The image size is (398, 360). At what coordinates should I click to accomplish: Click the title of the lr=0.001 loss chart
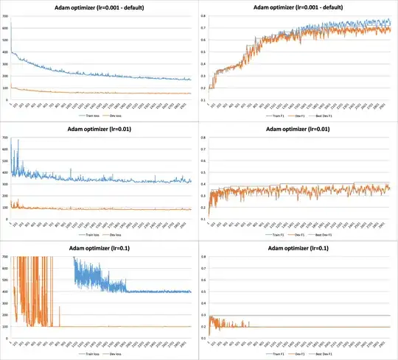(x=99, y=7)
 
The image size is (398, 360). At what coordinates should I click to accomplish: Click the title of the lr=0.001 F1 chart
(x=298, y=7)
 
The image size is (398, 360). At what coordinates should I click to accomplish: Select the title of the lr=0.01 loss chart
(x=99, y=130)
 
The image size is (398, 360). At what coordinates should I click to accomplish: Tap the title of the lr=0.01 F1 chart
(x=298, y=130)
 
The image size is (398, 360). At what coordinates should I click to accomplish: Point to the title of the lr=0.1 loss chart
(x=99, y=250)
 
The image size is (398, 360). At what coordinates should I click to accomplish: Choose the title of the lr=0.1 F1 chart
(x=298, y=250)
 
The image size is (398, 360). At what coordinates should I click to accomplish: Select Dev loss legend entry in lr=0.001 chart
(x=116, y=116)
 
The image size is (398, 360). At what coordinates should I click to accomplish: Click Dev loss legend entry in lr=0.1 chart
(x=116, y=356)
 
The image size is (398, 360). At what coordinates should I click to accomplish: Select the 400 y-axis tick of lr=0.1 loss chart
(x=6, y=292)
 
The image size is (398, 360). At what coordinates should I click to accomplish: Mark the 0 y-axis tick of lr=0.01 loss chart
(x=7, y=225)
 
